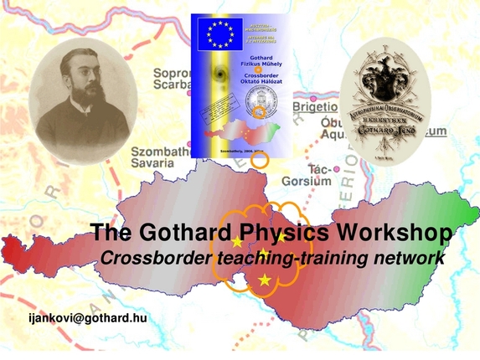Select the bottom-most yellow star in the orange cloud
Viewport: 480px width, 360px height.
point(266,280)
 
